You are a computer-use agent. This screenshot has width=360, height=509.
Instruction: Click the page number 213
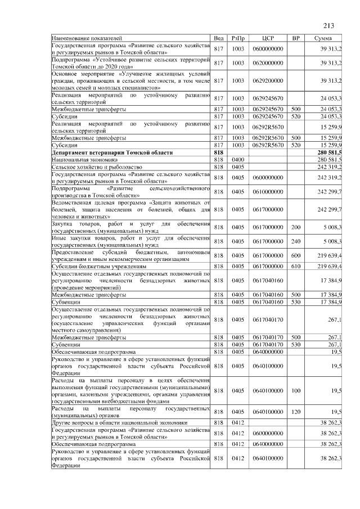(329, 25)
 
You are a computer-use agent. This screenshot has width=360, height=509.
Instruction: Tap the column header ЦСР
(268, 38)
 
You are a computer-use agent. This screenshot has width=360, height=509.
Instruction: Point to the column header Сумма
(322, 38)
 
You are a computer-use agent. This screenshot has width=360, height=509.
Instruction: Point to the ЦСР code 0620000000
(268, 63)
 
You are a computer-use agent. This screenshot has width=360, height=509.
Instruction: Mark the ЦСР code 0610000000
(268, 192)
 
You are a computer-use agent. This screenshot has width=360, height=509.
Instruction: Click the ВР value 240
(295, 241)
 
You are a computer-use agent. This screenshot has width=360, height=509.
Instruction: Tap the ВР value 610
(295, 266)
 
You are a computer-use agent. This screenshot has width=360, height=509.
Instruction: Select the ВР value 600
(295, 255)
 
